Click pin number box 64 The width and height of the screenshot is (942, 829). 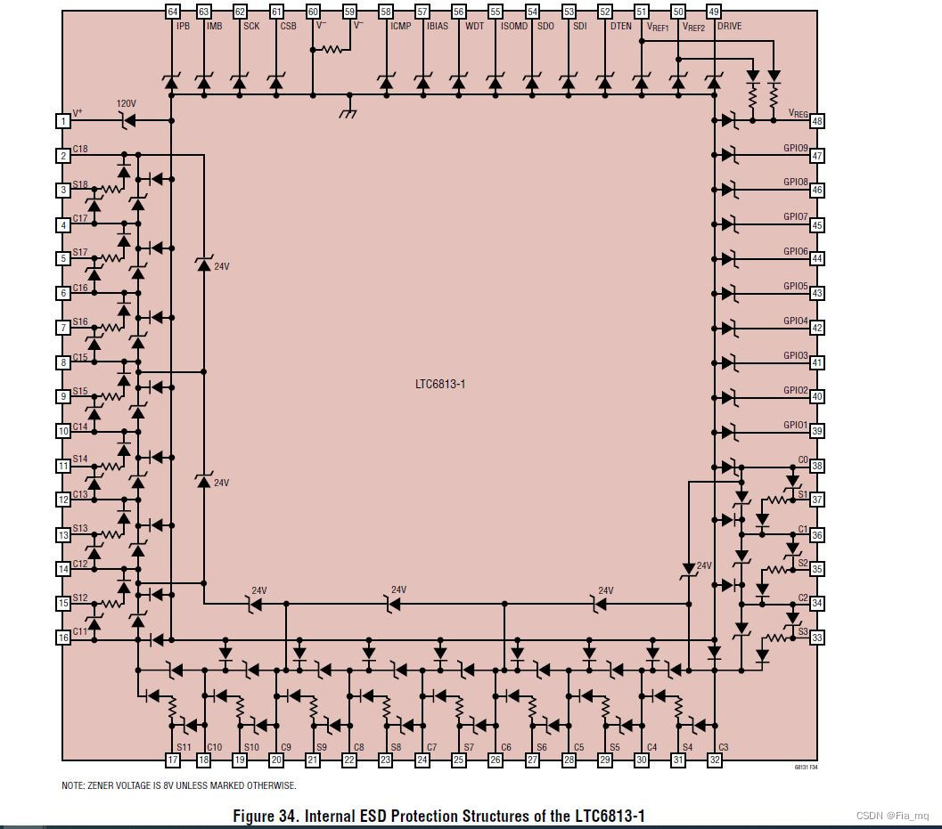[x=173, y=12]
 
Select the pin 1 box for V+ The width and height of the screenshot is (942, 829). [x=63, y=121]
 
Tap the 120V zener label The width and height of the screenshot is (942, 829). [x=127, y=104]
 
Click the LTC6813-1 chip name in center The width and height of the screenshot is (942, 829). [x=440, y=385]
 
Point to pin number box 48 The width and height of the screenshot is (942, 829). [x=816, y=121]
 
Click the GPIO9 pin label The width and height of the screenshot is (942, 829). [x=796, y=148]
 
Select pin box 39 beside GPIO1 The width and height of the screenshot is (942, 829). [x=816, y=431]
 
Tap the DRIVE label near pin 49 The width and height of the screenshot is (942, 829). [x=729, y=27]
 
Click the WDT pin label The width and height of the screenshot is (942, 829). [x=475, y=27]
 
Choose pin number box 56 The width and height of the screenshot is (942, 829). [x=459, y=12]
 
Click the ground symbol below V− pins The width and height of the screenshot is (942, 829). [x=348, y=113]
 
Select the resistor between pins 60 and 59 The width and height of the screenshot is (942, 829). [x=332, y=50]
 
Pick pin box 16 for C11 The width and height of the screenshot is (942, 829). [x=63, y=638]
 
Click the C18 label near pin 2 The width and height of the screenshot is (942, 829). [x=80, y=149]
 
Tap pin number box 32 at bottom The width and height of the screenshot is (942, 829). [x=715, y=760]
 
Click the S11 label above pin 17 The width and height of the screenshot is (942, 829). [x=184, y=747]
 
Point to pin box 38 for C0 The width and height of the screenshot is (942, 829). [x=816, y=466]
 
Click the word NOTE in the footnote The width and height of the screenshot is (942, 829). [x=73, y=786]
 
